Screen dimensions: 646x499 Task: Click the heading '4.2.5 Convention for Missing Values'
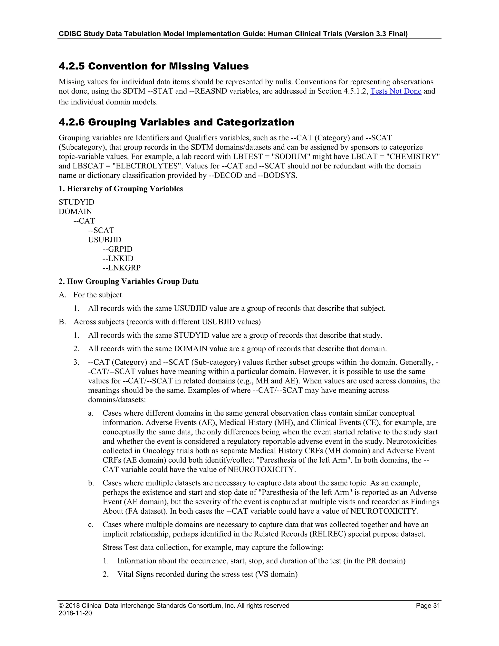(154, 66)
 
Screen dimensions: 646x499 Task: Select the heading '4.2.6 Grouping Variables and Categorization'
(176, 122)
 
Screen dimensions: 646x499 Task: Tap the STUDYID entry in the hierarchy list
(77, 202)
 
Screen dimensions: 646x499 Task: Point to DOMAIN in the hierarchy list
(75, 212)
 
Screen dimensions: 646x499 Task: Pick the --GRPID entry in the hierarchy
(117, 249)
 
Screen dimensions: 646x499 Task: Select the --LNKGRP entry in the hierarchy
(122, 268)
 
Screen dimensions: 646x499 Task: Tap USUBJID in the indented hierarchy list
(105, 240)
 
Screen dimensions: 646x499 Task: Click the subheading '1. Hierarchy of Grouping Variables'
(121, 189)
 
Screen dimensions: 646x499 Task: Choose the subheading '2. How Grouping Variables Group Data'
(129, 281)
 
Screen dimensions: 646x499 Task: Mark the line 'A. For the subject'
(90, 295)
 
